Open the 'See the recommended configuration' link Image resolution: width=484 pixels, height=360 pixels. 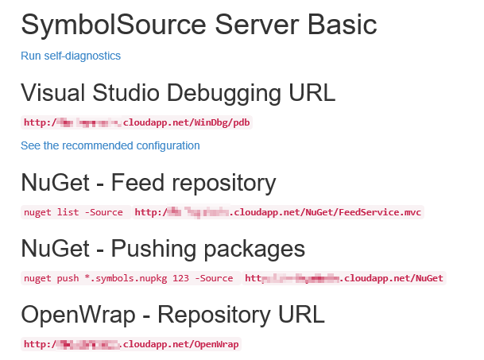pyautogui.click(x=110, y=146)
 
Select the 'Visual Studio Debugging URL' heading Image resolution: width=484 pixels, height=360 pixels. pyautogui.click(x=178, y=93)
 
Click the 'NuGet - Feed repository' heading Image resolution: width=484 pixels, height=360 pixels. pyautogui.click(x=149, y=184)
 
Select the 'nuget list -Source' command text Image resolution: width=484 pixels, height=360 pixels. pyautogui.click(x=74, y=213)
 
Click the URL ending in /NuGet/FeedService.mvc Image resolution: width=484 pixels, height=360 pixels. pyautogui.click(x=278, y=213)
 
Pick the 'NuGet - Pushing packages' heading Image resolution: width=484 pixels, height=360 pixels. pyautogui.click(x=163, y=249)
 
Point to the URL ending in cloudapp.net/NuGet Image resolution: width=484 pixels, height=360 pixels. pyautogui.click(x=343, y=279)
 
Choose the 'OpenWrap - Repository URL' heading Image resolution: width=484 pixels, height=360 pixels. pyautogui.click(x=172, y=315)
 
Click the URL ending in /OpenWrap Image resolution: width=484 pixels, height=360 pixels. pyautogui.click(x=132, y=345)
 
